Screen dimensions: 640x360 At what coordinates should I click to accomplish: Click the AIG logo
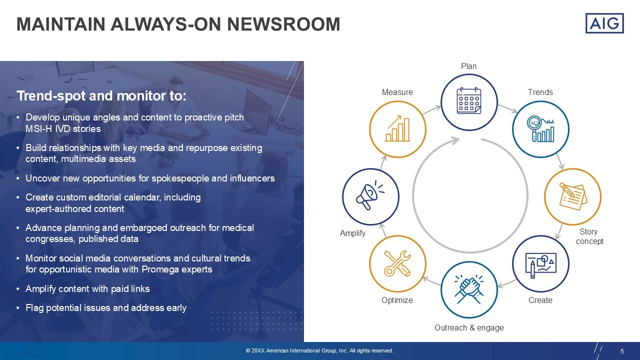coord(604,23)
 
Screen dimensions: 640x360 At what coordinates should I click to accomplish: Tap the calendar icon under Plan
coord(469,101)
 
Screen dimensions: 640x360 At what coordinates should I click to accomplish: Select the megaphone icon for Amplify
coord(370,195)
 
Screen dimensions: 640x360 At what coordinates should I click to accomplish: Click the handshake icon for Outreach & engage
coord(469,289)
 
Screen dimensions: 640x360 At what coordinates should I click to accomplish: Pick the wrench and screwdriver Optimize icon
coord(397,263)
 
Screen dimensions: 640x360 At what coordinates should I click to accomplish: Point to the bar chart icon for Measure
coord(397,128)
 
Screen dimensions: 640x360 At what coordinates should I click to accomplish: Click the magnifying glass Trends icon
coord(540,129)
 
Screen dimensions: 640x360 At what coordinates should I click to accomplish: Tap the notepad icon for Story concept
coord(573,196)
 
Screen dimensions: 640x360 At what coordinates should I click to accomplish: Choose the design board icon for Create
coord(540,265)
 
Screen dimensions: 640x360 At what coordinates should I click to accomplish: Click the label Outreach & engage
coord(469,327)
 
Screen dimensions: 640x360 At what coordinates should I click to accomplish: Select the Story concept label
coord(589,236)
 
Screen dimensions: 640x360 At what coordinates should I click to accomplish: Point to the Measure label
coord(397,92)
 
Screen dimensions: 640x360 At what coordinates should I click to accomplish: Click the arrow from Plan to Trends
coord(507,108)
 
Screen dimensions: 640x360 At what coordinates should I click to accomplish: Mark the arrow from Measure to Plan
coord(431,110)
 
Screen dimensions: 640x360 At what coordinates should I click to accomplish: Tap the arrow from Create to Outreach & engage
coord(506,283)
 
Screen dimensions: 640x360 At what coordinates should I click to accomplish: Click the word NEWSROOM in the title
coord(283,24)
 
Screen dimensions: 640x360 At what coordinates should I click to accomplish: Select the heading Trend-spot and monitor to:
coord(101,95)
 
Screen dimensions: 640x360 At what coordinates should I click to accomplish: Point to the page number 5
coord(622,351)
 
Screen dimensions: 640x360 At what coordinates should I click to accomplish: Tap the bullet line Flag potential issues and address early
coord(105,307)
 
